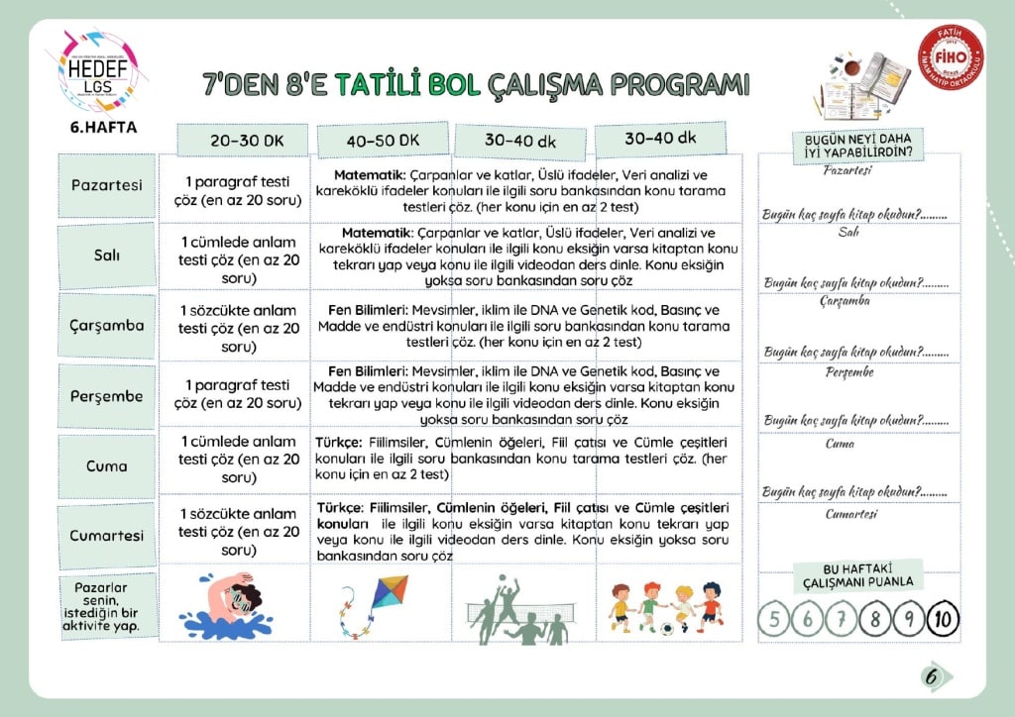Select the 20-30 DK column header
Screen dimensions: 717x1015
246,141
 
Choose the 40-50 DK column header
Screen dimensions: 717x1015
384,141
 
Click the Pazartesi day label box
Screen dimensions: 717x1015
106,185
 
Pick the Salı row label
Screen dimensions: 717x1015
106,255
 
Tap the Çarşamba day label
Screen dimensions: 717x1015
106,325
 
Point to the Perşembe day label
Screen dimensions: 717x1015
106,395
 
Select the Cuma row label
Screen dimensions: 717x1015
106,465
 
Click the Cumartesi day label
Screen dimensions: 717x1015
106,535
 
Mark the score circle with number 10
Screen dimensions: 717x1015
943,619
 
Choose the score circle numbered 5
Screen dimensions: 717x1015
773,619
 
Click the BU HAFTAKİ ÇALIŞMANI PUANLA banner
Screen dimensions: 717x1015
858,575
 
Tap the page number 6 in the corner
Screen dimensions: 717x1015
932,676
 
